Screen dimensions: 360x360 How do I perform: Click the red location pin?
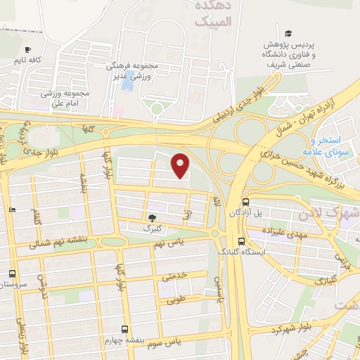pyautogui.click(x=181, y=165)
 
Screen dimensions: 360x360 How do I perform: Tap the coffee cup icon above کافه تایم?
pyautogui.click(x=28, y=50)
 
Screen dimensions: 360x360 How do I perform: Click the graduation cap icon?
pyautogui.click(x=288, y=33)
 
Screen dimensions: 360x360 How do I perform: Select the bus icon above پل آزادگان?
pyautogui.click(x=245, y=200)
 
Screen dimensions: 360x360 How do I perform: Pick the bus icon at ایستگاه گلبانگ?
pyautogui.click(x=240, y=240)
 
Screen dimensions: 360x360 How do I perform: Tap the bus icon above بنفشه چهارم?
pyautogui.click(x=124, y=328)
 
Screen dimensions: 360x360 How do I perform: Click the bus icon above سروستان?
pyautogui.click(x=12, y=274)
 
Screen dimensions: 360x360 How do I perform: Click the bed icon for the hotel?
pyautogui.click(x=12, y=210)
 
